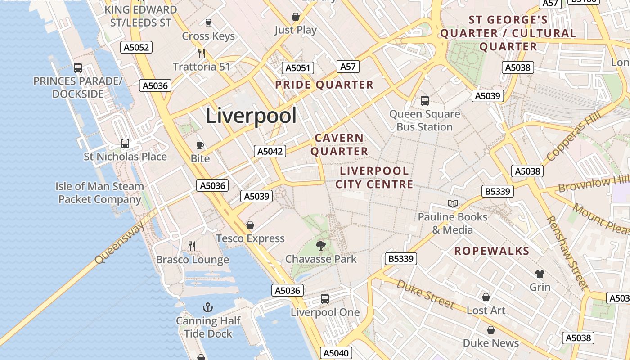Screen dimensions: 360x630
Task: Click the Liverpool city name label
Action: [251, 116]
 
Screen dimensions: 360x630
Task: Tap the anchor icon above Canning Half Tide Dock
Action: [208, 308]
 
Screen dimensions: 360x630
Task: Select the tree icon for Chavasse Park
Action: [321, 245]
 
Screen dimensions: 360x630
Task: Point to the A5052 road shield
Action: [136, 47]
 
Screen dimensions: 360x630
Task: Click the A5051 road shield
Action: [298, 68]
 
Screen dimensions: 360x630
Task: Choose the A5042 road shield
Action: [270, 151]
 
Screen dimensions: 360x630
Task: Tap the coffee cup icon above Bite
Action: [200, 145]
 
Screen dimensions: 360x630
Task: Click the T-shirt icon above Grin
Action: [540, 274]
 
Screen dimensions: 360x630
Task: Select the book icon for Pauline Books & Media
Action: [453, 203]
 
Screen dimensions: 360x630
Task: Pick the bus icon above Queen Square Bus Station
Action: [424, 101]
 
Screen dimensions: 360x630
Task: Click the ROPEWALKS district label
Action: [491, 251]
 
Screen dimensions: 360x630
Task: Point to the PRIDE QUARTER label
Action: [324, 85]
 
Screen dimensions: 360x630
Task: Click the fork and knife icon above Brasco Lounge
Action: [192, 246]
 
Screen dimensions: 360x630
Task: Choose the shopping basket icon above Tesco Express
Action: [250, 225]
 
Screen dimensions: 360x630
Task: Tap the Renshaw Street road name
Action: [567, 252]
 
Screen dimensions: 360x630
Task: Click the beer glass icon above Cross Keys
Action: [208, 22]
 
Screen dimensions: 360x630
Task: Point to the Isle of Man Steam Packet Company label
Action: [100, 193]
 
